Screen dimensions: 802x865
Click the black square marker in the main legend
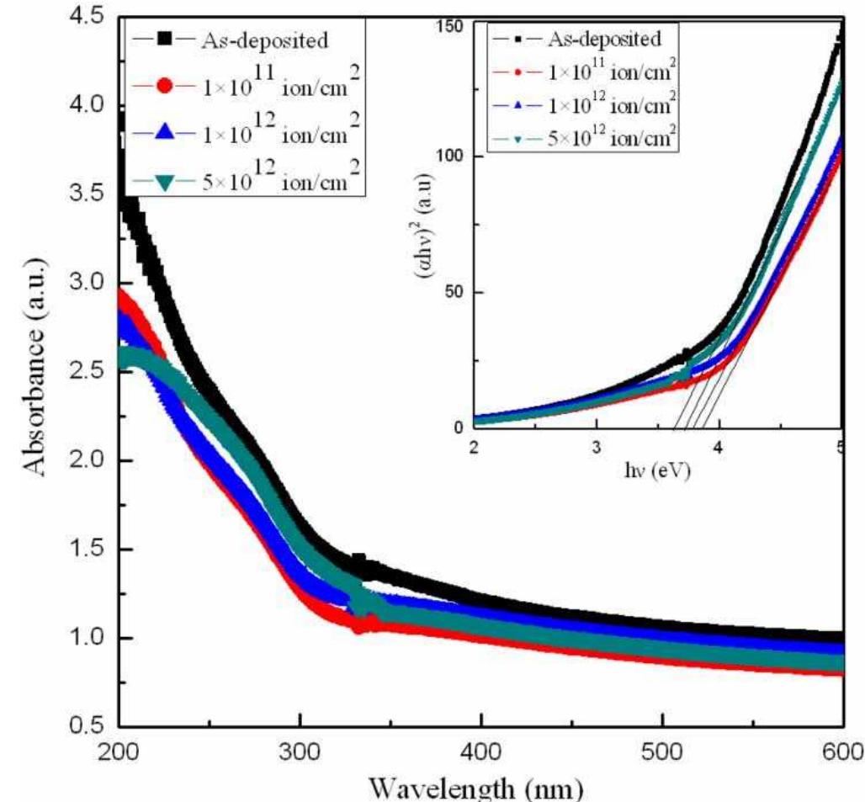click(166, 39)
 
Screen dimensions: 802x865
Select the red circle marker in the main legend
click(166, 85)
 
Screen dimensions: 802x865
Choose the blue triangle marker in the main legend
click(166, 132)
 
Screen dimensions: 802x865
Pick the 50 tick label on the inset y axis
click(457, 292)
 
